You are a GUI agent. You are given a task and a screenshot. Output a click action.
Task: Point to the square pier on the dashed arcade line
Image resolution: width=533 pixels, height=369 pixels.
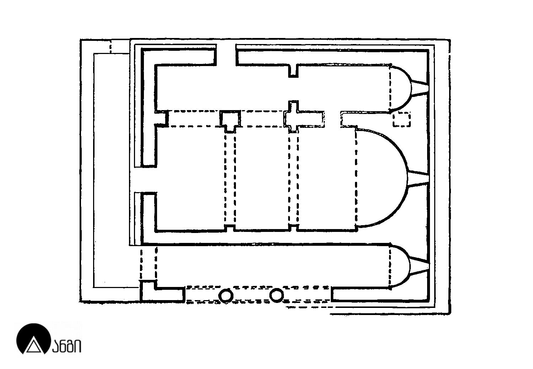point(230,121)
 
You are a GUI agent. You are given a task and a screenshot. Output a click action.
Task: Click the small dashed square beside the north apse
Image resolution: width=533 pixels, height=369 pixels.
point(402,120)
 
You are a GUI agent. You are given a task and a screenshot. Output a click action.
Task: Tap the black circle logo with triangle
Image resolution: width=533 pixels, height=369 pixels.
point(33,338)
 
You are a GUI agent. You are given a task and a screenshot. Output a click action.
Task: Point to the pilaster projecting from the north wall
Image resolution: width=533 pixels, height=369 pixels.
point(294,71)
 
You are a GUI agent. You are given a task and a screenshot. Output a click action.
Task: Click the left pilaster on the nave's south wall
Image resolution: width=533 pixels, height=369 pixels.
point(230,228)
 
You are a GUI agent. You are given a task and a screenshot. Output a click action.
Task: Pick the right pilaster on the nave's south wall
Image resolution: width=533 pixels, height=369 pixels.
point(294,228)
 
